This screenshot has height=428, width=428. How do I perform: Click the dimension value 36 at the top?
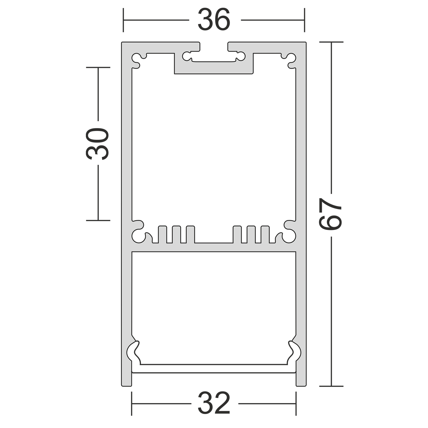coord(214,20)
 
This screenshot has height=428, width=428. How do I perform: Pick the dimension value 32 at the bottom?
coord(214,403)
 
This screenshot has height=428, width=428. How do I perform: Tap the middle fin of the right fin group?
coord(251,234)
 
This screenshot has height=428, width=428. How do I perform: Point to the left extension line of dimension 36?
coord(123,20)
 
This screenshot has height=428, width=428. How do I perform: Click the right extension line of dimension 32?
coord(296,403)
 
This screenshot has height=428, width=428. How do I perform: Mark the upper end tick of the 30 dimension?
coord(98,68)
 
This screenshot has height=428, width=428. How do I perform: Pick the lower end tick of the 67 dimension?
coord(331,386)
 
